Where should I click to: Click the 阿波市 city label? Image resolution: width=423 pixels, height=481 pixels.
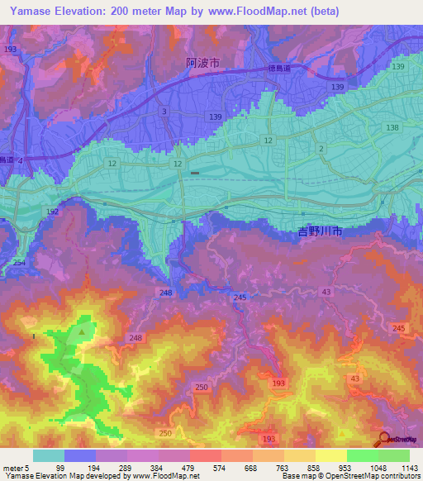point(202,62)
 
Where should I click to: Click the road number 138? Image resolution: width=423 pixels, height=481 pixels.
point(392,127)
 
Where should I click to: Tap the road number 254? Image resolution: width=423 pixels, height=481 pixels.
point(18,262)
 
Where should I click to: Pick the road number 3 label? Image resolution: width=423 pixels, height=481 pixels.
point(164,111)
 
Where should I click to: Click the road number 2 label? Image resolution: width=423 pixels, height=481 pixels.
point(320,148)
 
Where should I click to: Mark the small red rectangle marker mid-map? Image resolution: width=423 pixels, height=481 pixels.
point(194,173)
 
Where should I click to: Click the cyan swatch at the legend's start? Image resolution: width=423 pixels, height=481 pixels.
point(48,455)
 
